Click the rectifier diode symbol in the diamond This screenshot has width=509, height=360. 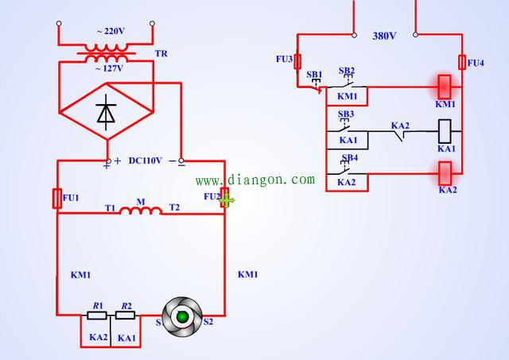tap(106, 114)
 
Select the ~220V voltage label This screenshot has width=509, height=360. tap(111, 32)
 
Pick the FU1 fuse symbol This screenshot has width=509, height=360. tap(57, 198)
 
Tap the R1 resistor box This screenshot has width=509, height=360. tap(98, 315)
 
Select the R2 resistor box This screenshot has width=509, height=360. tap(126, 315)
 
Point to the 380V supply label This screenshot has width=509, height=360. tap(384, 36)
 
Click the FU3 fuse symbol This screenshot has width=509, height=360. tap(298, 61)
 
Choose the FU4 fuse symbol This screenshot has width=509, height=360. tap(462, 62)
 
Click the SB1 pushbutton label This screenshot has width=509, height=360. tap(314, 74)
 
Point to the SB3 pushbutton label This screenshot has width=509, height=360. tap(346, 114)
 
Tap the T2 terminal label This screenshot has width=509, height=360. tap(174, 207)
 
